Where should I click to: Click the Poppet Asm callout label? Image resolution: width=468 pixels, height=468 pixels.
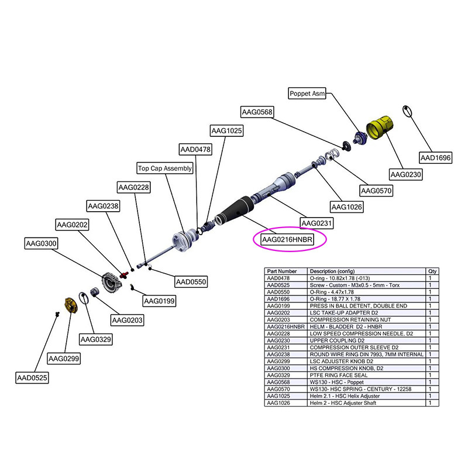[x=307, y=94]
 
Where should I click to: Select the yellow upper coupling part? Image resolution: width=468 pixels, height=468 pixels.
[x=380, y=127]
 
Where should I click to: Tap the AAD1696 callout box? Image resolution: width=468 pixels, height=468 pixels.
[x=436, y=157]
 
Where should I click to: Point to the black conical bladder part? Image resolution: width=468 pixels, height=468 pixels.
[x=235, y=213]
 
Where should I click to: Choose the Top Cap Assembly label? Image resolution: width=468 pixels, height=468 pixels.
[x=165, y=168]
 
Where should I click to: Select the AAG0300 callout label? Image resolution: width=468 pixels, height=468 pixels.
[x=42, y=243]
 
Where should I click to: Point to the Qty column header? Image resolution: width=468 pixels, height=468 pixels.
[x=432, y=272]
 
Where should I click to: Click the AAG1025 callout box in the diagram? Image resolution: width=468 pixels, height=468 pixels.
[x=226, y=131]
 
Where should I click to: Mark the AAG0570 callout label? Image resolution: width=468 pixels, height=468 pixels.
[x=376, y=191]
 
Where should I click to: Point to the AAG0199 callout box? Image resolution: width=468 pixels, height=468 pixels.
[x=160, y=301]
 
